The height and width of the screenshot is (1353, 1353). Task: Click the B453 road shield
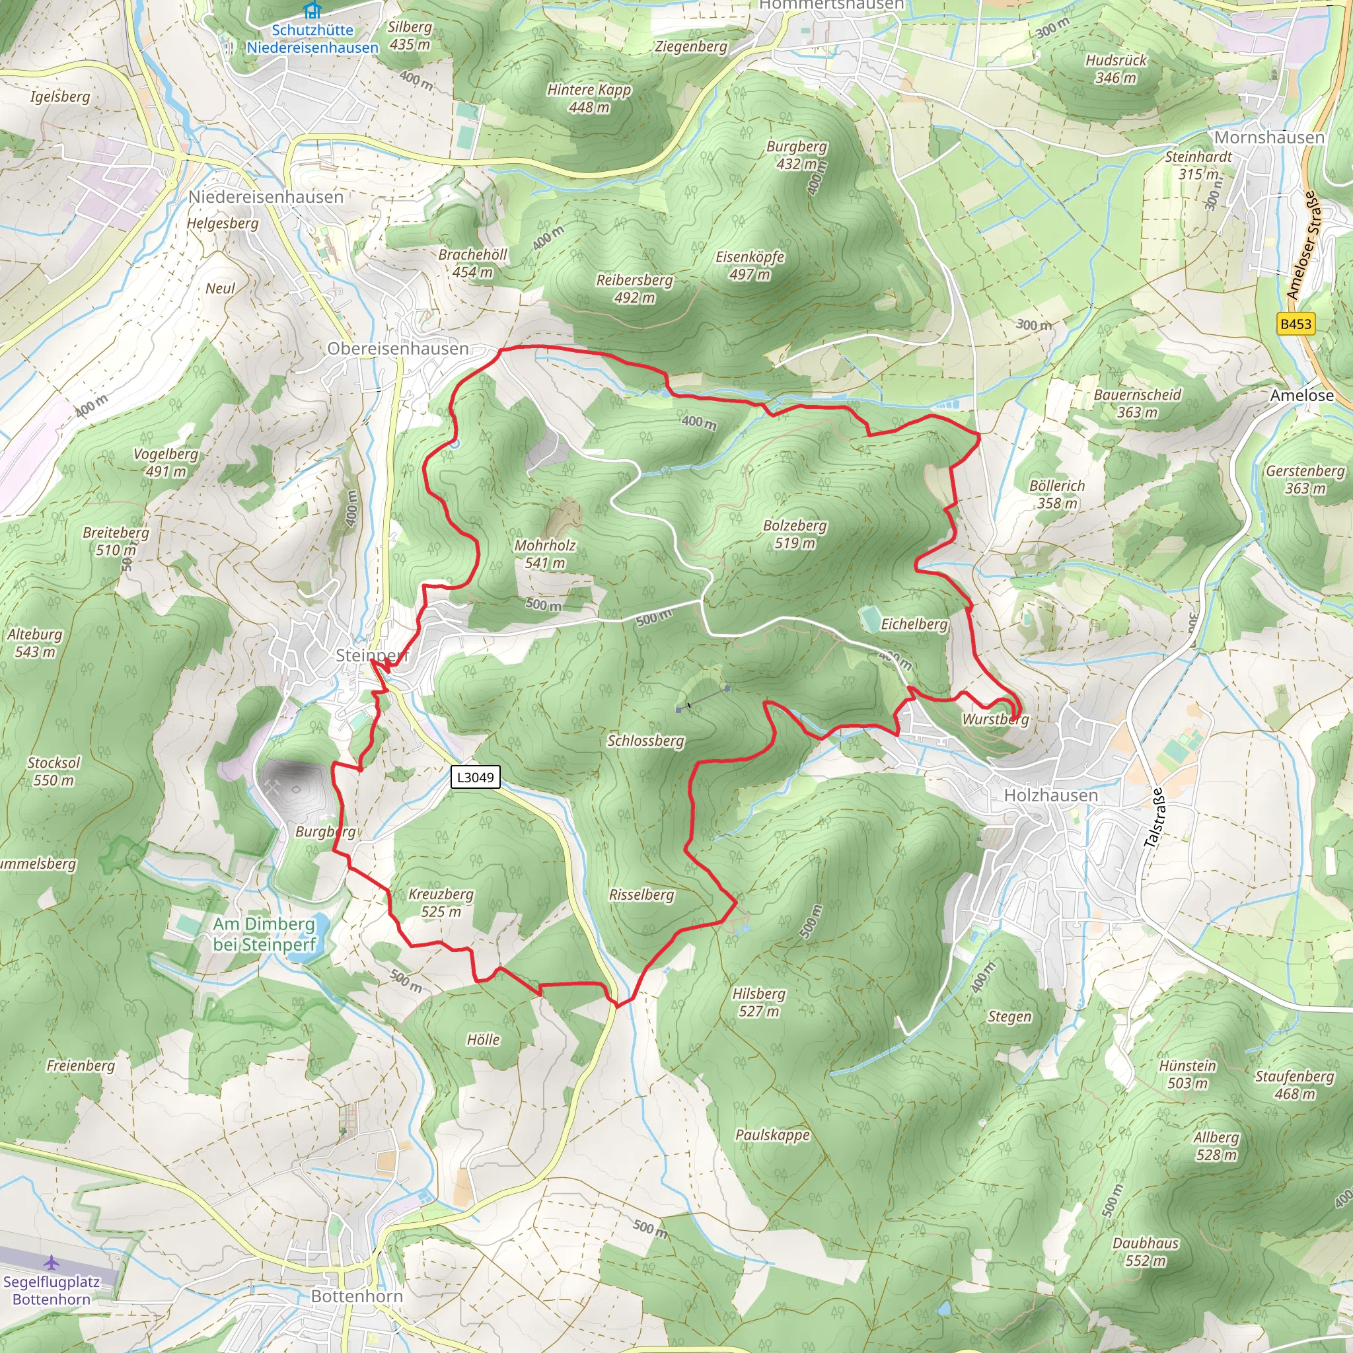[x=1295, y=324]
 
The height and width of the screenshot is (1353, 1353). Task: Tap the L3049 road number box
[x=476, y=777]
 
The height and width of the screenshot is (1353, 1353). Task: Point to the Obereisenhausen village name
[x=398, y=348]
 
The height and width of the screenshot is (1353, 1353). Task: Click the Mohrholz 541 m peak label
[x=545, y=553]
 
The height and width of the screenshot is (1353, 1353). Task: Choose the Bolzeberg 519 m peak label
[x=794, y=534]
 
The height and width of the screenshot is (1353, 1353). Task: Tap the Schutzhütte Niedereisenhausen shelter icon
[x=312, y=11]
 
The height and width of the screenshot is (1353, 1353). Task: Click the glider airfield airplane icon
[x=51, y=1262]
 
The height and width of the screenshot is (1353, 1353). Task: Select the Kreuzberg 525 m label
[x=441, y=902]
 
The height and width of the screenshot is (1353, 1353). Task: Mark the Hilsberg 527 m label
[x=758, y=1002]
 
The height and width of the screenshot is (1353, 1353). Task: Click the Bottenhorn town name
[x=357, y=1296]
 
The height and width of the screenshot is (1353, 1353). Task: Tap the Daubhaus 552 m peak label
[x=1146, y=1251]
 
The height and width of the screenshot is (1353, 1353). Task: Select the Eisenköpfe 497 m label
[x=749, y=266]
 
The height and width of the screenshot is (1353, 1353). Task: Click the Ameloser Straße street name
[x=1303, y=246]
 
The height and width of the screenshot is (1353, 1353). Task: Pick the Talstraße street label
[x=1154, y=818]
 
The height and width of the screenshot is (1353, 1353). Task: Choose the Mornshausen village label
[x=1269, y=137]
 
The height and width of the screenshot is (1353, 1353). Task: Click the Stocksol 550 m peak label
[x=54, y=771]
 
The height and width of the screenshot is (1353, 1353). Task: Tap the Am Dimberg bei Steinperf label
[x=265, y=933]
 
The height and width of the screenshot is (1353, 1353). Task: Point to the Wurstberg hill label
[x=995, y=719]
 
